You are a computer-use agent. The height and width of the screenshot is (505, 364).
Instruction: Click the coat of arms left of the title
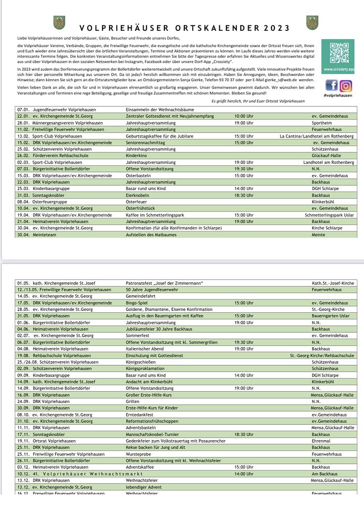click(x=59, y=23)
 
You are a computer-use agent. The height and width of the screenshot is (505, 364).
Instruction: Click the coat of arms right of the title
click(x=312, y=23)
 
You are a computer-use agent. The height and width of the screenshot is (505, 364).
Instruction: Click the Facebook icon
click(x=331, y=86)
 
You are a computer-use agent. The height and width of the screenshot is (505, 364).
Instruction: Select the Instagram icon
click(x=346, y=86)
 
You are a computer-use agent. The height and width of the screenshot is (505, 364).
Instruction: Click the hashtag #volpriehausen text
click(x=338, y=95)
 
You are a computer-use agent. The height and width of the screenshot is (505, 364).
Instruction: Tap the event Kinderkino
click(x=137, y=155)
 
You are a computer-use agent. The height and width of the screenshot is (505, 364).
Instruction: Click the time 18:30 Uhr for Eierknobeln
click(x=244, y=196)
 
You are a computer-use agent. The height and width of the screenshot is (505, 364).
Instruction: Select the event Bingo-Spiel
click(x=137, y=303)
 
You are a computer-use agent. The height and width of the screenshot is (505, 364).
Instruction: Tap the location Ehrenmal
click(x=321, y=441)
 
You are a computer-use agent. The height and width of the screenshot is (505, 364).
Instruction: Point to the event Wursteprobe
click(x=139, y=454)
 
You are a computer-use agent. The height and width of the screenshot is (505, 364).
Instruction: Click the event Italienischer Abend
click(x=145, y=349)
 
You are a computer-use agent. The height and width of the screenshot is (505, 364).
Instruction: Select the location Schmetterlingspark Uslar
click(x=329, y=215)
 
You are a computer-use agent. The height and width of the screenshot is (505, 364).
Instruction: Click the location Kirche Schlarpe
click(x=327, y=228)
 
